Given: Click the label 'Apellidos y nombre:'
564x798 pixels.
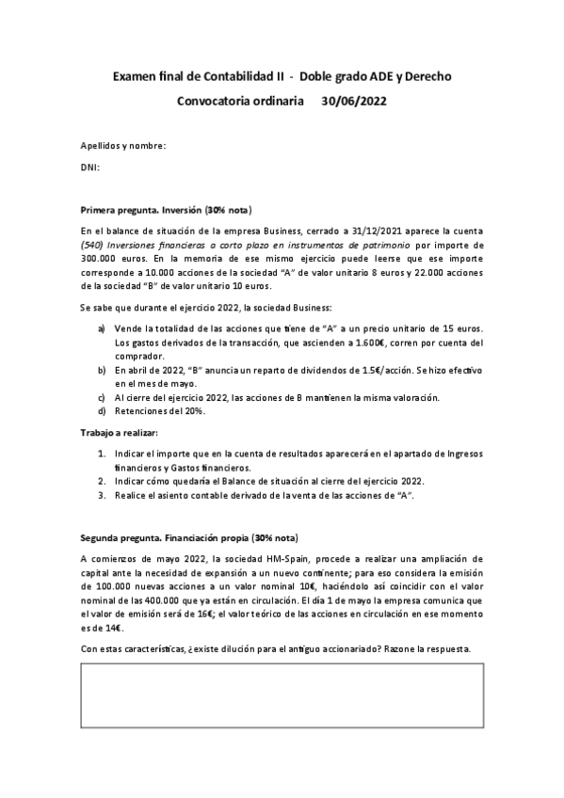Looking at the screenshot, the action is [123, 146].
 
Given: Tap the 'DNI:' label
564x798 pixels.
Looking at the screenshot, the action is [90, 168].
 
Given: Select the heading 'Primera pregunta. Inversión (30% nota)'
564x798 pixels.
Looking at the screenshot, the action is [166, 210].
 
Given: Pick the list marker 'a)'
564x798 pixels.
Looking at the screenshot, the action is [102, 327].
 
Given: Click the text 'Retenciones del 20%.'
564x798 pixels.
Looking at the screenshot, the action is [162, 412].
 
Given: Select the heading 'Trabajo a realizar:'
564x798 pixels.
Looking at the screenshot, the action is [120, 432].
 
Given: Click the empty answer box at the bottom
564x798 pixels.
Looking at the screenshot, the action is [282, 702].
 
